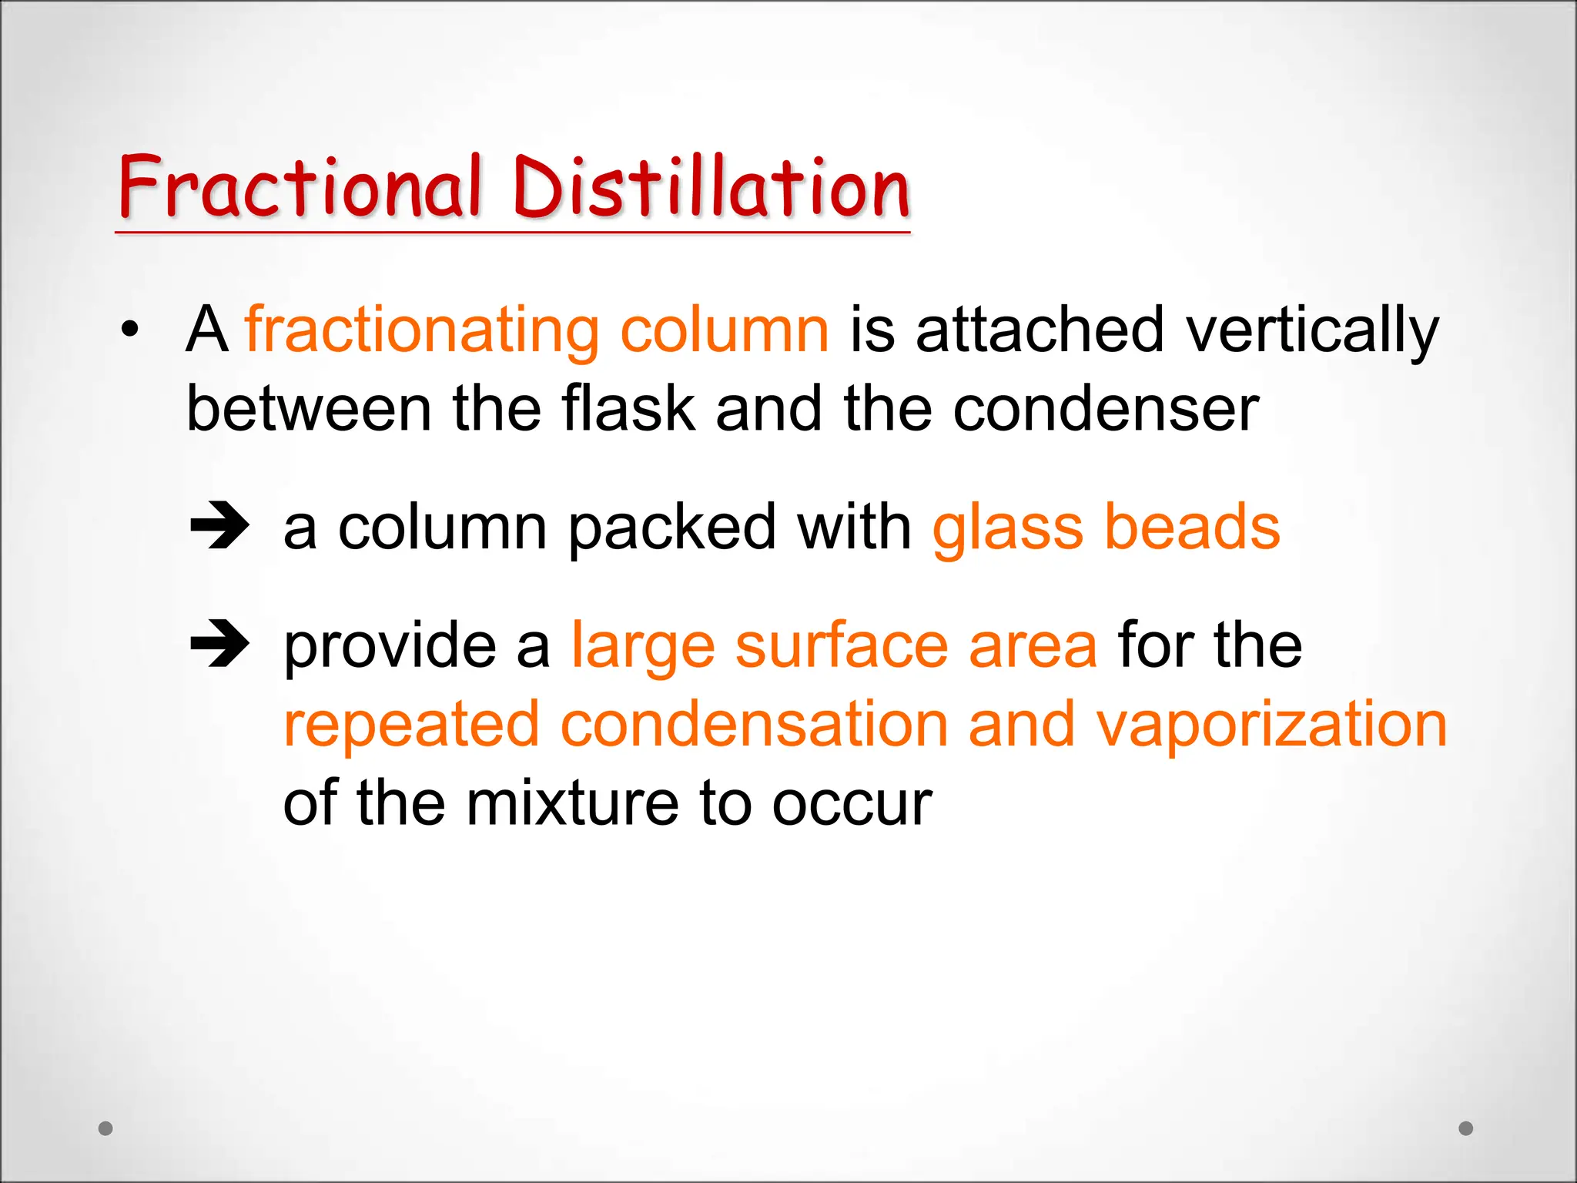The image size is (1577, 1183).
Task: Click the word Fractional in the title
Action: (x=300, y=186)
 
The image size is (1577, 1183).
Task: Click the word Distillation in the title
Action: (x=711, y=186)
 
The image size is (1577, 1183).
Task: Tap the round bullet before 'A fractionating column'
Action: (x=130, y=329)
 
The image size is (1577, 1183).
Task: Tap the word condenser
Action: (x=1106, y=408)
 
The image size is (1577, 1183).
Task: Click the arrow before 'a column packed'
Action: (x=219, y=526)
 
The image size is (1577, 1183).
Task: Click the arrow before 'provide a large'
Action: (x=219, y=644)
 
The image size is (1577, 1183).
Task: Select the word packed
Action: (x=672, y=528)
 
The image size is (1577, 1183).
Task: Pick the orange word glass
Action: (x=1008, y=528)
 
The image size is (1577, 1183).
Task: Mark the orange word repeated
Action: (x=412, y=726)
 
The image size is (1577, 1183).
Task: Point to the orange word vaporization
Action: (x=1271, y=726)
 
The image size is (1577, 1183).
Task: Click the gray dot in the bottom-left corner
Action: (x=105, y=1128)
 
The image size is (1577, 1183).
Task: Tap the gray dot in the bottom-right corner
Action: (x=1466, y=1128)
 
